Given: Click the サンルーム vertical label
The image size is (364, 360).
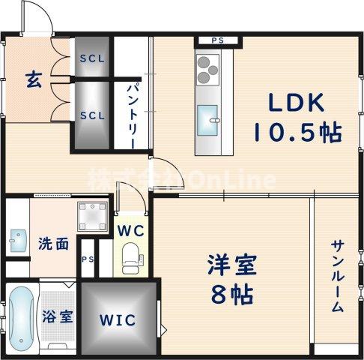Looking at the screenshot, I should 337,276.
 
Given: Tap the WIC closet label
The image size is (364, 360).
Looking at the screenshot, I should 118,320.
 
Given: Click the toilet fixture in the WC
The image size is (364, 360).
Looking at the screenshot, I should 132,254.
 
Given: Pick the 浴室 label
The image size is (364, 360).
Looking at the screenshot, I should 57,316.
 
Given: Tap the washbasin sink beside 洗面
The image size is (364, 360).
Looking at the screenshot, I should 16,241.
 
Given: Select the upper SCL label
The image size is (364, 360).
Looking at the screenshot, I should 92,58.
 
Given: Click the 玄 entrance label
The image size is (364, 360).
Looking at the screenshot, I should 33,78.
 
